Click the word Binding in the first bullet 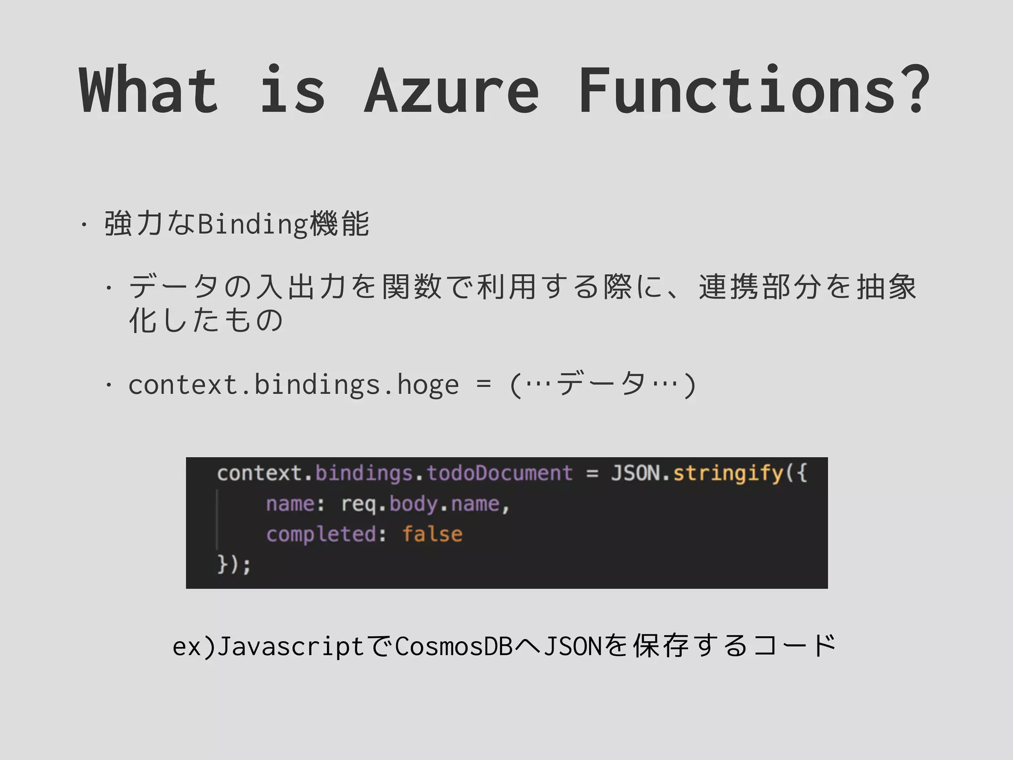tap(253, 224)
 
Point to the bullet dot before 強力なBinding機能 tap(84, 225)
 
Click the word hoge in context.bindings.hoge tap(428, 385)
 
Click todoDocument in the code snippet tap(500, 473)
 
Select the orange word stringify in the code tap(728, 473)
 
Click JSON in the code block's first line tap(635, 473)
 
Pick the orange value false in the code tap(432, 534)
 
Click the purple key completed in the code tap(322, 534)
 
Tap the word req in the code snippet tap(359, 504)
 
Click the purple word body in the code tap(413, 504)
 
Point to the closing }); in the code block tap(234, 564)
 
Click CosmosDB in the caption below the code tap(454, 646)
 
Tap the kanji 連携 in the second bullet tap(729, 287)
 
